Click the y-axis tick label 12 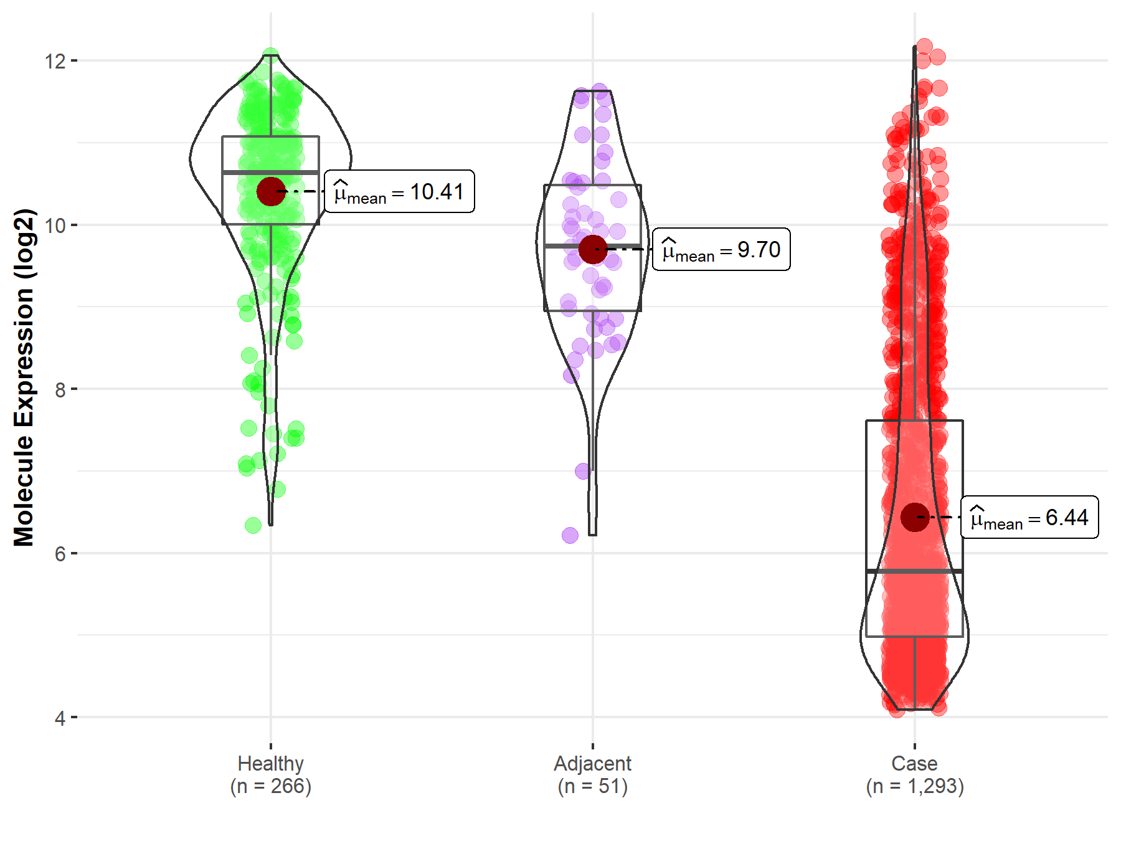pos(55,61)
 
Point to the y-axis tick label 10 pos(55,226)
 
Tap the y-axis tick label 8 pos(60,390)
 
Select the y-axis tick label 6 pos(60,554)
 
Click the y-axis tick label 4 pos(60,718)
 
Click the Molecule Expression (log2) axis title pos(24,378)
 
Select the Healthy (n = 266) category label pos(270,774)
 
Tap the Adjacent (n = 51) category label pos(592,774)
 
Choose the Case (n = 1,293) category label pos(914,774)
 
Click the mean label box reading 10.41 pos(399,191)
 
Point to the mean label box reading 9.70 pos(721,249)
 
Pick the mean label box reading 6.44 pos(1029,517)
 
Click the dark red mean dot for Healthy pos(271,191)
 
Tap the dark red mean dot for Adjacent pos(592,249)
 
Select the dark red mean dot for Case pos(914,517)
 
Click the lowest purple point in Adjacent pos(570,535)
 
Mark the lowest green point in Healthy pos(253,525)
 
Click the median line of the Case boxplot pos(914,571)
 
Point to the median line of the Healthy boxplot pos(270,172)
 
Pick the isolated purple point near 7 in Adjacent pos(583,471)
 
